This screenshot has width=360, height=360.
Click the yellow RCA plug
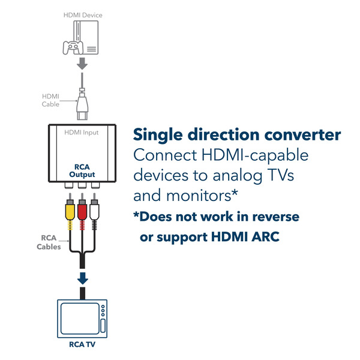70,211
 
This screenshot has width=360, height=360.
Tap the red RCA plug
82,211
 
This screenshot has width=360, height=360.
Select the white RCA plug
94,211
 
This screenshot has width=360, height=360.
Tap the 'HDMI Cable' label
50,100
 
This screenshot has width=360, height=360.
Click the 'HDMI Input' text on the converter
82,133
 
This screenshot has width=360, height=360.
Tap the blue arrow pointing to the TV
83,279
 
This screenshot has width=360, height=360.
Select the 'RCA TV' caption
83,345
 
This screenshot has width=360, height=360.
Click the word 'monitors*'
202,196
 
